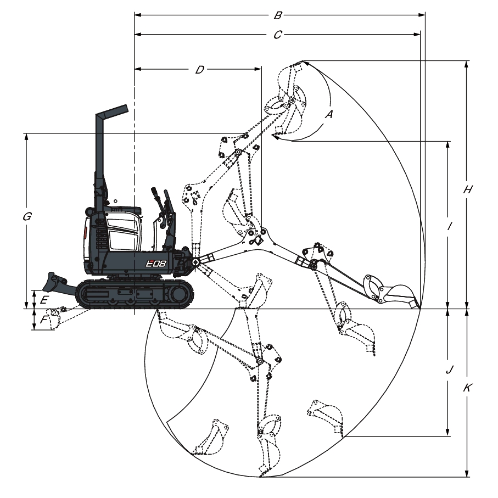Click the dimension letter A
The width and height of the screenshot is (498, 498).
pyautogui.click(x=329, y=114)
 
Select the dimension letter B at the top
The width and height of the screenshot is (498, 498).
pyautogui.click(x=278, y=15)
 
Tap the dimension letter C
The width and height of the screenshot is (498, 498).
pyautogui.click(x=278, y=35)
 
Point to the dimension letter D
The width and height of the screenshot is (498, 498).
pyautogui.click(x=199, y=70)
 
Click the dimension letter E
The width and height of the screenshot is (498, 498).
pyautogui.click(x=44, y=299)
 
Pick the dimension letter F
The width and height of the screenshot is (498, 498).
pyautogui.click(x=43, y=319)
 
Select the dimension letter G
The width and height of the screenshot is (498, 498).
pyautogui.click(x=27, y=216)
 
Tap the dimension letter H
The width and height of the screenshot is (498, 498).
pyautogui.click(x=467, y=189)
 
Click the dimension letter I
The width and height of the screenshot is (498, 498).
pyautogui.click(x=449, y=226)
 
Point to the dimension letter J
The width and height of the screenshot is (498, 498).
pyautogui.click(x=449, y=370)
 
